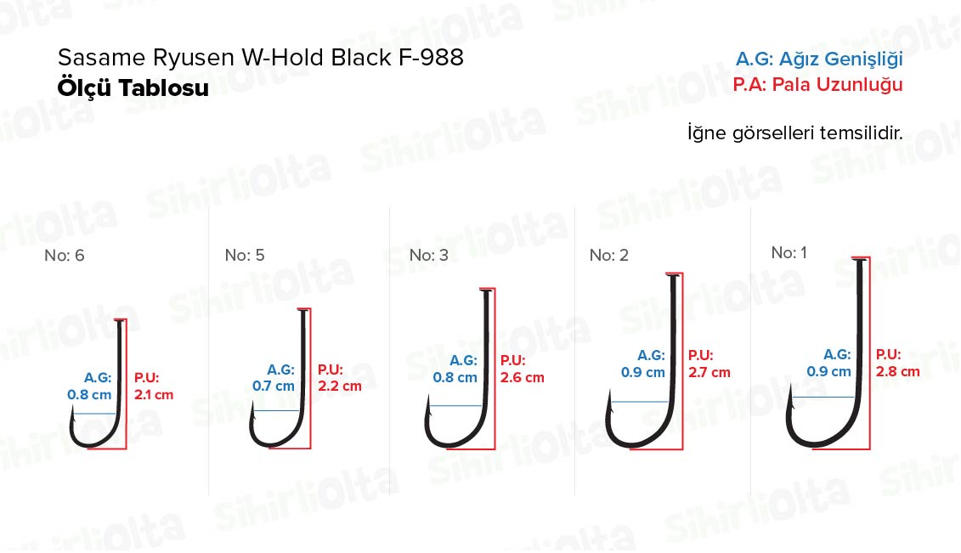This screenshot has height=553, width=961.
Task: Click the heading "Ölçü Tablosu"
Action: pyautogui.click(x=133, y=88)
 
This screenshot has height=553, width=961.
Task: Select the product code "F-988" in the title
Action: pyautogui.click(x=431, y=58)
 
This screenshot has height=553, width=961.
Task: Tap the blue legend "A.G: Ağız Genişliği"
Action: pyautogui.click(x=819, y=59)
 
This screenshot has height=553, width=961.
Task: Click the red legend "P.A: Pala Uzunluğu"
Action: pyautogui.click(x=817, y=84)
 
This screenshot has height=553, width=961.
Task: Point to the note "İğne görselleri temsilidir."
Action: pyautogui.click(x=795, y=133)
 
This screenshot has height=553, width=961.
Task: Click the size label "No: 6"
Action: pyautogui.click(x=65, y=256)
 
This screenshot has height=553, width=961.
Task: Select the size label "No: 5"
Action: pyautogui.click(x=245, y=256)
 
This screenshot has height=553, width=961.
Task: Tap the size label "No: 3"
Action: pyautogui.click(x=429, y=256)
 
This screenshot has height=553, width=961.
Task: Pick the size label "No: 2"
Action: pyautogui.click(x=609, y=256)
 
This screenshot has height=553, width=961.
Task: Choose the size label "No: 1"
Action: pyautogui.click(x=789, y=252)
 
